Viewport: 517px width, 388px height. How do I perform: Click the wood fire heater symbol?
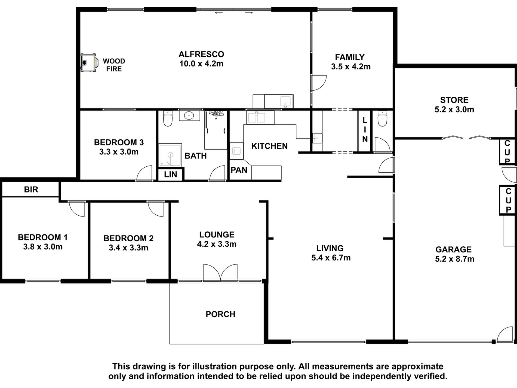[88, 62]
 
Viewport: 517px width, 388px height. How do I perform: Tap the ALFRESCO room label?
[201, 54]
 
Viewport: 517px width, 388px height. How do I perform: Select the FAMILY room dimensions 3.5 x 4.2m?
[350, 66]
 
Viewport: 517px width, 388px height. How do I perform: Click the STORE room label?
[454, 100]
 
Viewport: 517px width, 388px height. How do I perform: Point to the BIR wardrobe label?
[31, 190]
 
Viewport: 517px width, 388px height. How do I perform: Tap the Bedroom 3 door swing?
[144, 173]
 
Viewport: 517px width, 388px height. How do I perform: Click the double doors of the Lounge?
[220, 272]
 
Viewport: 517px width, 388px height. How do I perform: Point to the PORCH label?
[220, 314]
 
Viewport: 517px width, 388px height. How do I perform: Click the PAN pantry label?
[239, 170]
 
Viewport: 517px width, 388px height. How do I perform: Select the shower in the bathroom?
[170, 155]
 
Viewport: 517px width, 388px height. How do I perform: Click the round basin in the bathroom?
[189, 116]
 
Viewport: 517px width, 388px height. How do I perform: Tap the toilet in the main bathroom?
[168, 119]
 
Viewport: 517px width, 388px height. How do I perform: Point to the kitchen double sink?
[256, 117]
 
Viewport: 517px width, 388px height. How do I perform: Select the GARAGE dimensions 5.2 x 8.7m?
[454, 259]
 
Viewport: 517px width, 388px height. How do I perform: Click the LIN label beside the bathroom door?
[171, 174]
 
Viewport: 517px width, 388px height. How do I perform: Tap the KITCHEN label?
[269, 146]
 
